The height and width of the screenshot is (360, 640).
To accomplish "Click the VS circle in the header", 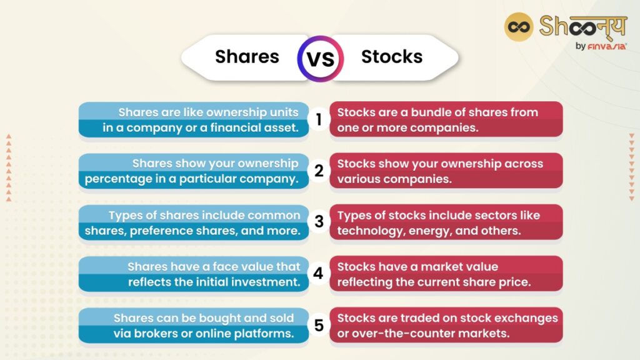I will (320, 58).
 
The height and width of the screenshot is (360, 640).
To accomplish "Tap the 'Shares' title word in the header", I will (247, 57).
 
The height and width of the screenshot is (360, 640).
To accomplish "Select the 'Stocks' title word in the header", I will (392, 57).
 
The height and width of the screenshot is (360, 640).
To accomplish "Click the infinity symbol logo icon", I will (518, 27).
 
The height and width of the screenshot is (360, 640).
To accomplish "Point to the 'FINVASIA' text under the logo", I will (607, 46).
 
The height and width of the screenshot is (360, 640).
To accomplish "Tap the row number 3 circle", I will (319, 222).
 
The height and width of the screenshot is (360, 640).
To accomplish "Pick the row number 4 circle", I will (319, 274).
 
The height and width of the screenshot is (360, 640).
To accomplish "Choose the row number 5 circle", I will (319, 325).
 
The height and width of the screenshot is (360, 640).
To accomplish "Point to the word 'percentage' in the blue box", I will (116, 179).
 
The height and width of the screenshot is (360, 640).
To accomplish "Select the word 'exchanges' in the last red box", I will (524, 318).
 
